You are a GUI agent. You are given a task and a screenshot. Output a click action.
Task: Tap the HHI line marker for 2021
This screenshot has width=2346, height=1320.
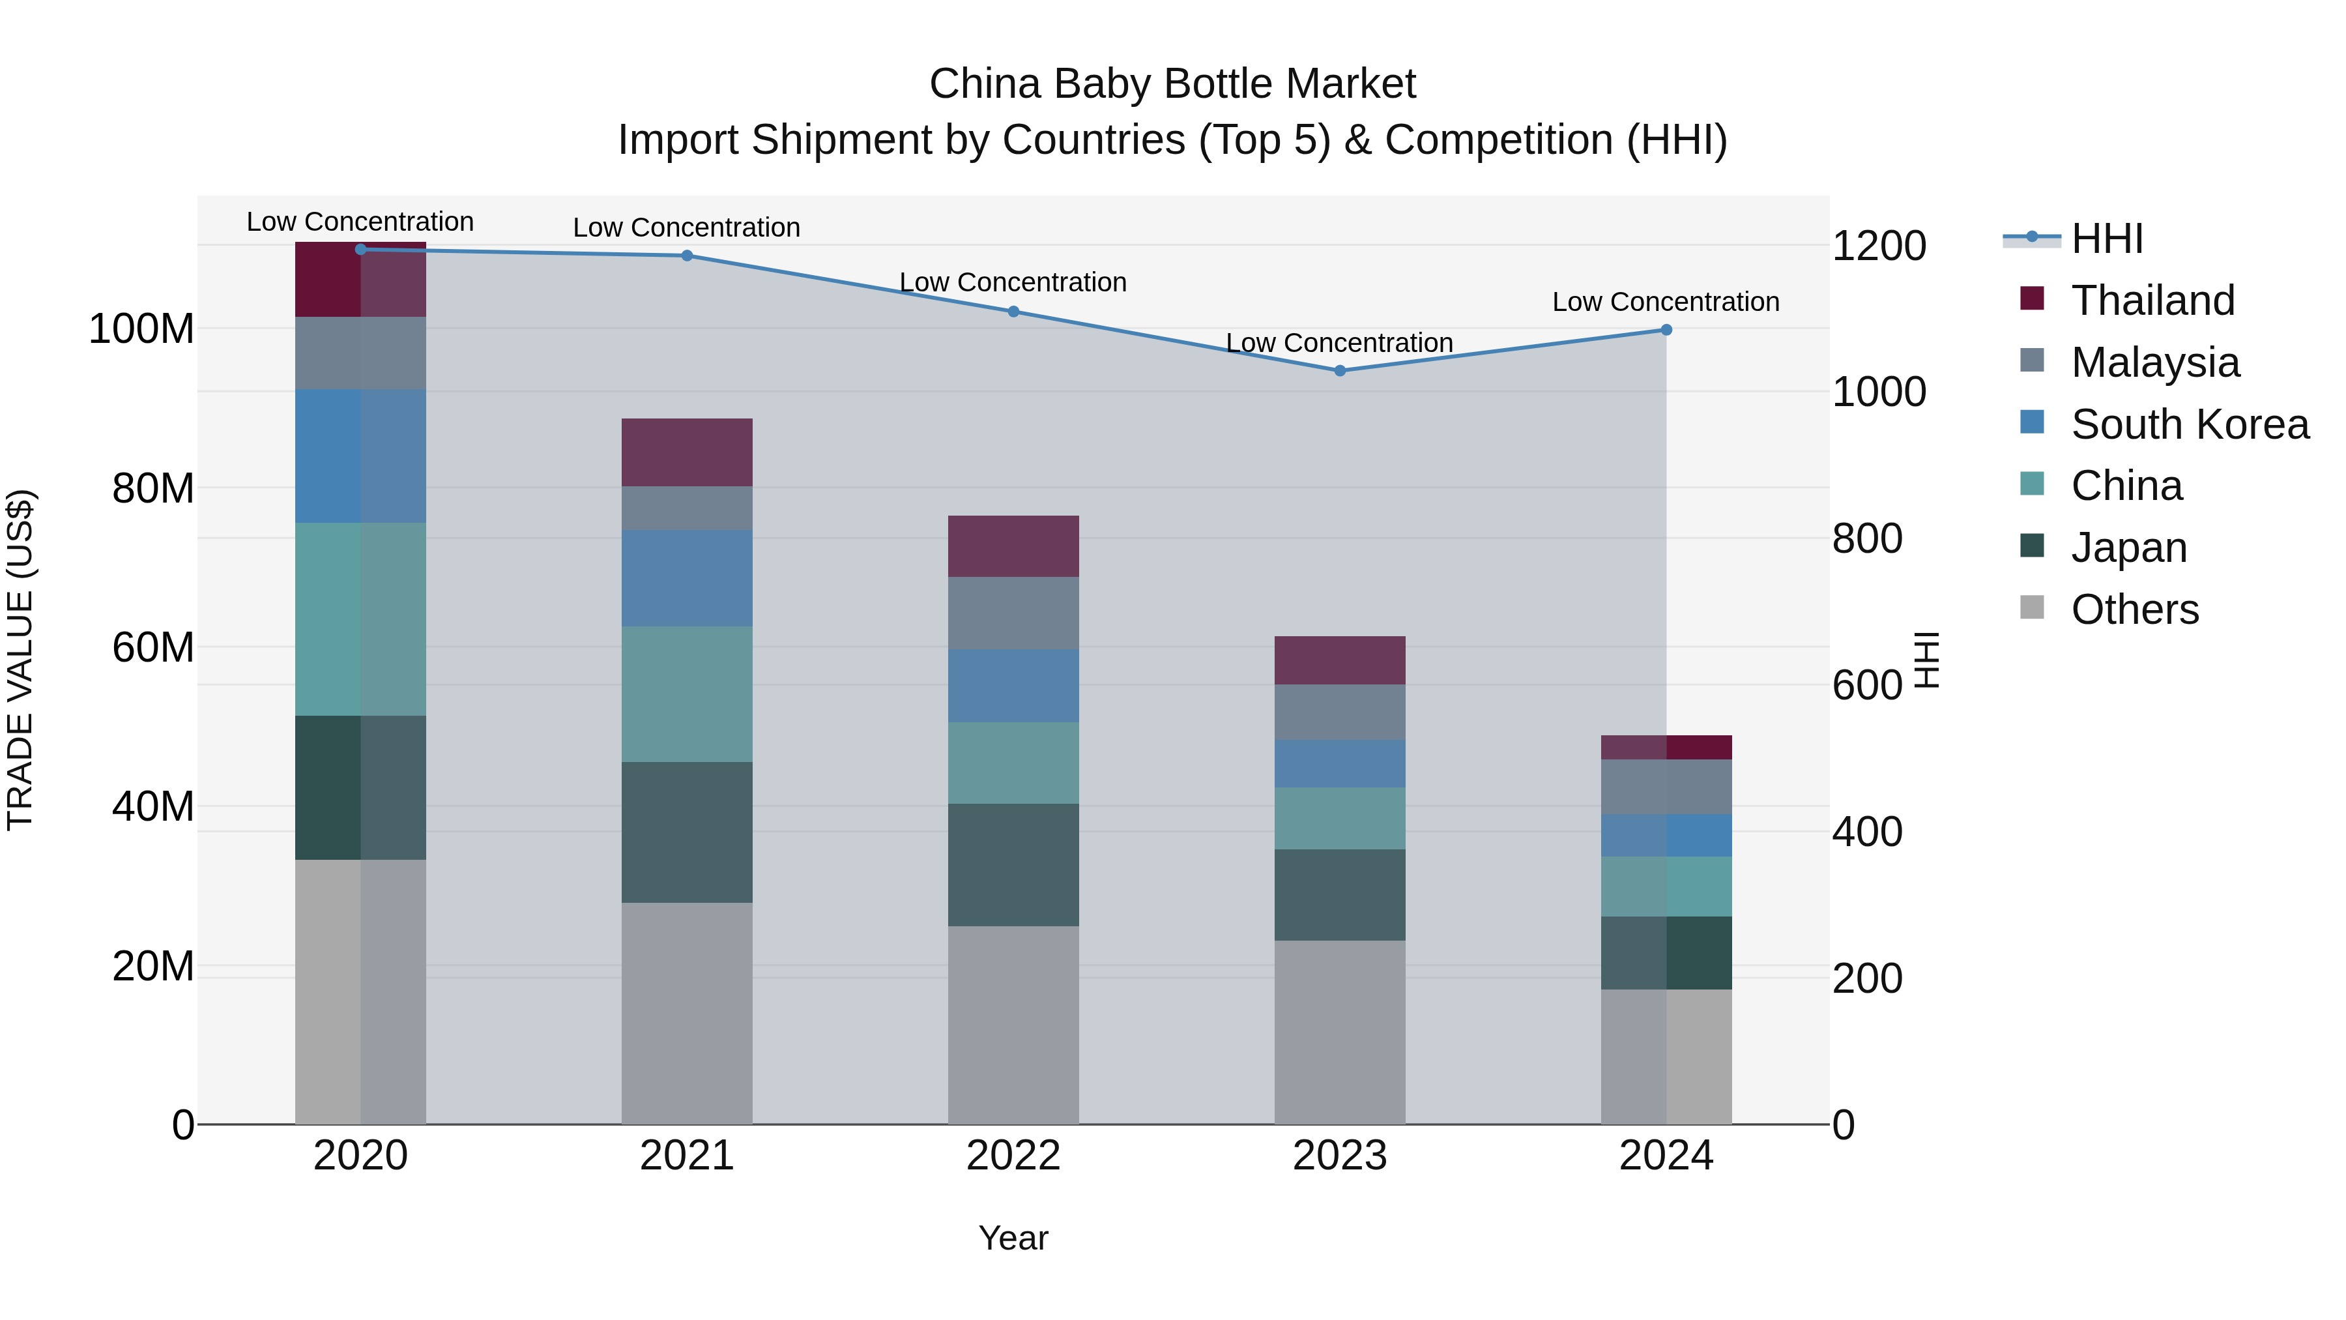(687, 256)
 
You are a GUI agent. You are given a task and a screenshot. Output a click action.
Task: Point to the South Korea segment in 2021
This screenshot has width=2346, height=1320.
(687, 578)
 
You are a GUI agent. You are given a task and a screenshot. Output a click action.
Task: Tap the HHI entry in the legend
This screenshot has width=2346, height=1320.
(2106, 239)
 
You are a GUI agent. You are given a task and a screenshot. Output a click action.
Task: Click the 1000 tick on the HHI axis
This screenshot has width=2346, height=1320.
(1878, 392)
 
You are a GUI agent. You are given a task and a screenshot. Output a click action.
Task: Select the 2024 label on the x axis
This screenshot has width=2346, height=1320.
(1666, 1156)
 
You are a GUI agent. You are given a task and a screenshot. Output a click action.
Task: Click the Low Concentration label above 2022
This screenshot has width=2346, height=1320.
(1013, 282)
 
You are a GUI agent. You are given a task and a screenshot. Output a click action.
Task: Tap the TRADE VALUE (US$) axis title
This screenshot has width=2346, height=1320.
(20, 660)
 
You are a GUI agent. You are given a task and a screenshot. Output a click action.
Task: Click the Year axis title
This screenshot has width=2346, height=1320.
(1013, 1238)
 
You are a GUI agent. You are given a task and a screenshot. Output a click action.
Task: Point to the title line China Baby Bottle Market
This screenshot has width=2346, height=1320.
(1172, 84)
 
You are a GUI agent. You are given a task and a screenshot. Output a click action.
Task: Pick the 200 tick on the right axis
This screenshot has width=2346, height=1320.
(1866, 978)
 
